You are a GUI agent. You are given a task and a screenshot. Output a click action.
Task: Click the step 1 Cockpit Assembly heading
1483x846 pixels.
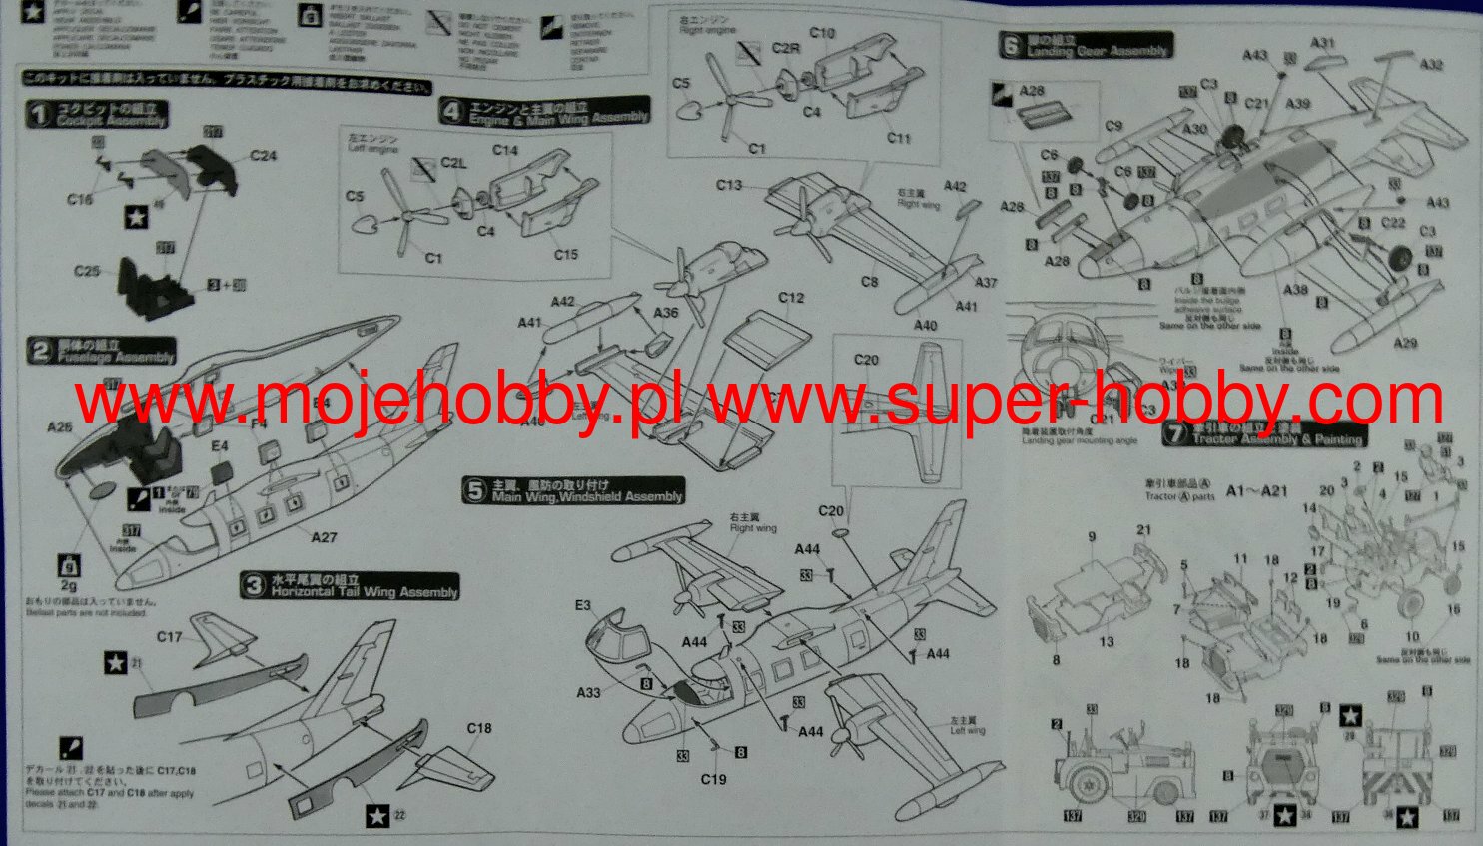(98, 115)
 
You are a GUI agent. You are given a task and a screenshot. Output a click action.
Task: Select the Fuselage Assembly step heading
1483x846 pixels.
(102, 351)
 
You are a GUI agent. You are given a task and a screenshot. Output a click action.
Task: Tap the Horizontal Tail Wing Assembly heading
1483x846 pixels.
(351, 586)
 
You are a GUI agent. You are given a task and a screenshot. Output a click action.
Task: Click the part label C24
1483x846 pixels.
(264, 156)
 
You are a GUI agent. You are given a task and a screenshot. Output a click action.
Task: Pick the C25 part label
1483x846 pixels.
(87, 271)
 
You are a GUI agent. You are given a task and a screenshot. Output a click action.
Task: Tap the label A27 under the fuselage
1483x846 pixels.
(324, 537)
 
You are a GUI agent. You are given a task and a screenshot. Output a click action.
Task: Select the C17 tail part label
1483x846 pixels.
(170, 637)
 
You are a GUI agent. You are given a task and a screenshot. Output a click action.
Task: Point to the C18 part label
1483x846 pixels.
(479, 728)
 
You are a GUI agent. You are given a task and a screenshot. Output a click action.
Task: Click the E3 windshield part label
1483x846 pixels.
(583, 605)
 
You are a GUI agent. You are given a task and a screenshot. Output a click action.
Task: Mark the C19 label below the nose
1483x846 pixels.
(713, 779)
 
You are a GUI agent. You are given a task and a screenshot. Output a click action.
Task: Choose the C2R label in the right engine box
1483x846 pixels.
(786, 49)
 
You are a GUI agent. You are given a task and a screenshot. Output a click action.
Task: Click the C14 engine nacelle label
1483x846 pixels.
(505, 151)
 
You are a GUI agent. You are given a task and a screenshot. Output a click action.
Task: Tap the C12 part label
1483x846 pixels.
(791, 298)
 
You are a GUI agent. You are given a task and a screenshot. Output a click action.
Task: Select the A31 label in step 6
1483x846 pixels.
(1322, 43)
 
